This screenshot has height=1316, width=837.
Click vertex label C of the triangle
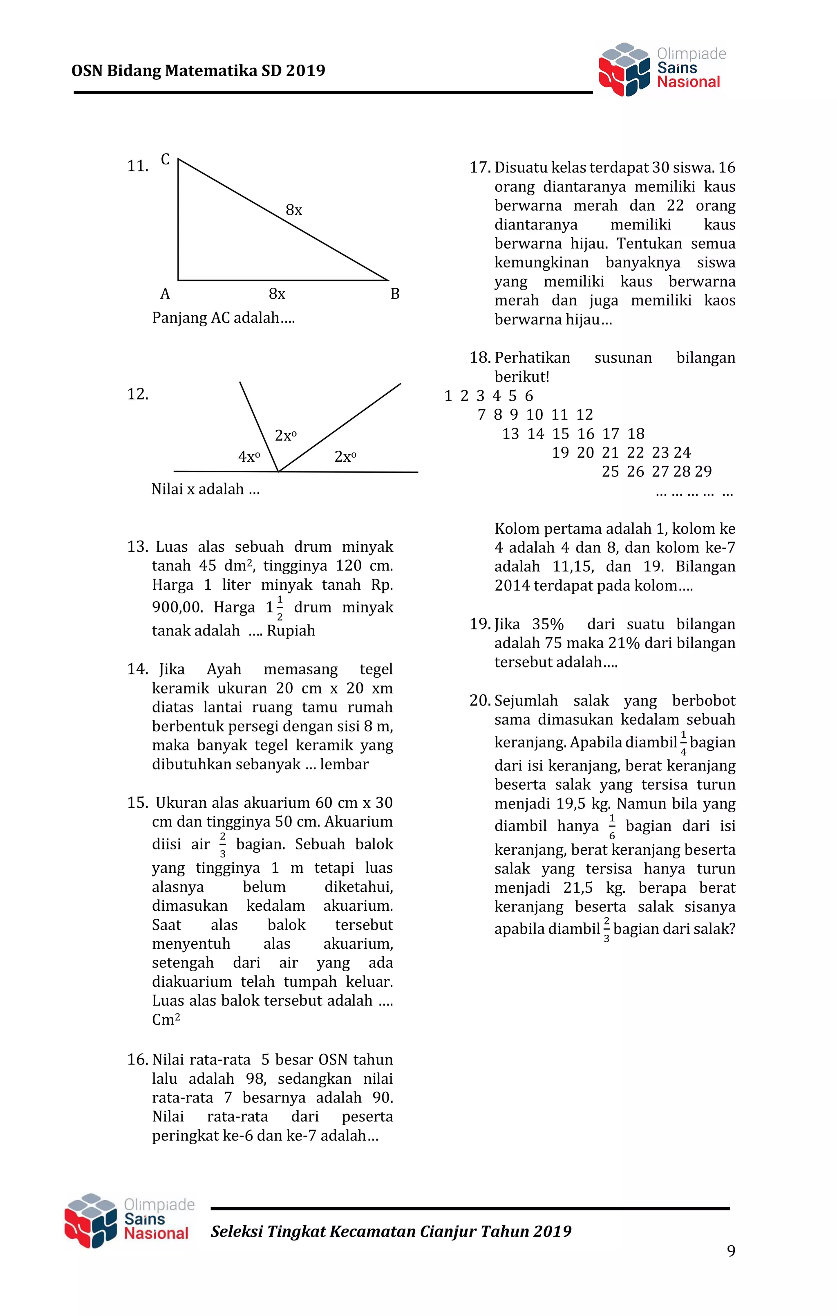[165, 159]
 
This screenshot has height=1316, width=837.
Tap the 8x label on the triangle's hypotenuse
[294, 210]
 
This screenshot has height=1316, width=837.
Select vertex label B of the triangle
[394, 294]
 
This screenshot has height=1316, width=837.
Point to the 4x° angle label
[248, 456]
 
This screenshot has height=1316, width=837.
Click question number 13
[137, 546]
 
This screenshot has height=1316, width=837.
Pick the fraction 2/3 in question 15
[222, 845]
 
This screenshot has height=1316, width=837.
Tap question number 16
[137, 1060]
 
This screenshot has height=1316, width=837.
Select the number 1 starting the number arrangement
[448, 396]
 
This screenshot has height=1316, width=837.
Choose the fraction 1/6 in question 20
[612, 827]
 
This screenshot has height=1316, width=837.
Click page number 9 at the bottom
[731, 1251]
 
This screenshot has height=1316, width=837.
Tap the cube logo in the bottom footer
[91, 1220]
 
